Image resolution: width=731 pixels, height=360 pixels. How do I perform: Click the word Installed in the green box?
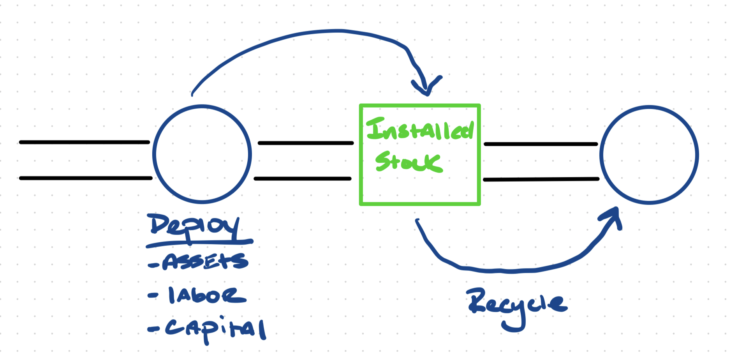coord(420,130)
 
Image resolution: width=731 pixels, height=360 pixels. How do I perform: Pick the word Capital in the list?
coord(216,329)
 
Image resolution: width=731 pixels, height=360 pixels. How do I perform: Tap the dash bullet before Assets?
coord(153,265)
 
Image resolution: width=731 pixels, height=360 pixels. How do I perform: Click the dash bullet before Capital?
coord(153,330)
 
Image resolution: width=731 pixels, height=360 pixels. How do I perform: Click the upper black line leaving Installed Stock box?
coord(541,144)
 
